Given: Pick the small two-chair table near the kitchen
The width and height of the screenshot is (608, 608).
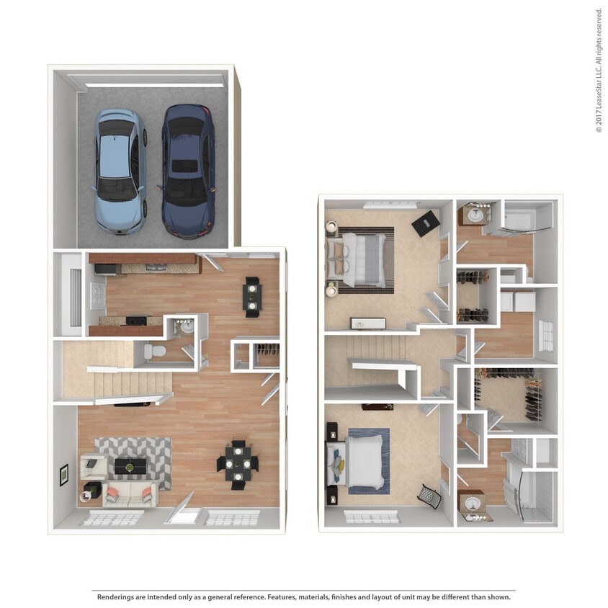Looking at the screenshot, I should pyautogui.click(x=252, y=296).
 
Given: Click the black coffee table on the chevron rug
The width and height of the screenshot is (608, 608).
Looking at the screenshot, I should pyautogui.click(x=130, y=466).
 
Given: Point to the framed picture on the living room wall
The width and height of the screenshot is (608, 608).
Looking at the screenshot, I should pyautogui.click(x=63, y=474).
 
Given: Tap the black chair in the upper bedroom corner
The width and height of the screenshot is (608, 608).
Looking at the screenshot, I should pyautogui.click(x=424, y=223).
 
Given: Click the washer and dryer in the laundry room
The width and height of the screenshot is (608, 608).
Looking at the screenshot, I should pyautogui.click(x=517, y=301).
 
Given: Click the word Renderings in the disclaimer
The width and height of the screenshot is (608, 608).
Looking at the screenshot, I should pyautogui.click(x=118, y=597).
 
